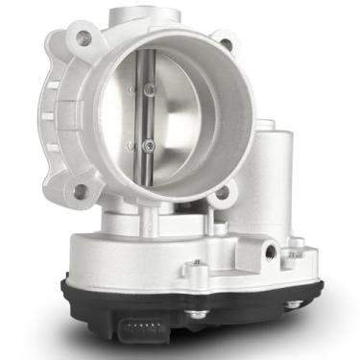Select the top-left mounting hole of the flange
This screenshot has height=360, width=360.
pos(83,38)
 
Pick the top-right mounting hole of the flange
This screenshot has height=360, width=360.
pos(227,43)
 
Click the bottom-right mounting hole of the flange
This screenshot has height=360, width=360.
pos(223,193)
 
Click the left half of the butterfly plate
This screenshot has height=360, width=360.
pos(115,120)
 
